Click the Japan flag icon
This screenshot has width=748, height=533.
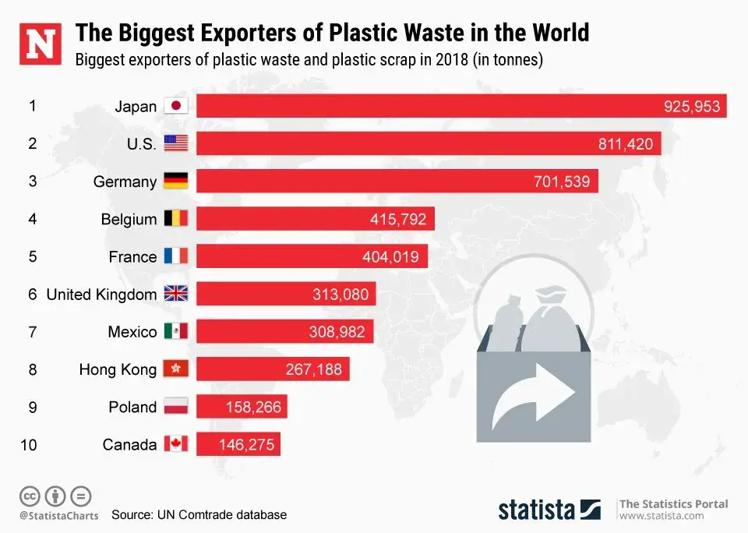point(176,107)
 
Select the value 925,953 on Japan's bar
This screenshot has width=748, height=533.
point(692,107)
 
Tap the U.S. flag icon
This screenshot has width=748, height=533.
point(176,144)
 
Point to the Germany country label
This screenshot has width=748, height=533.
point(125,182)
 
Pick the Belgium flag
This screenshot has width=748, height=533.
point(176,219)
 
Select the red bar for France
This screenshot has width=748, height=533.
point(312,256)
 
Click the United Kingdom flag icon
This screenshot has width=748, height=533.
point(176,295)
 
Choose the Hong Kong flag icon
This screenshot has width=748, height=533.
point(176,369)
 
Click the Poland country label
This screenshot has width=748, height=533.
point(133,407)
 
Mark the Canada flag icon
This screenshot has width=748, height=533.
point(176,445)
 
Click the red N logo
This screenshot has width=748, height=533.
point(41,44)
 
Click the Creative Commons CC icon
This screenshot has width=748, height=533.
point(30,496)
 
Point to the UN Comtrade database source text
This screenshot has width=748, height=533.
point(199,515)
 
